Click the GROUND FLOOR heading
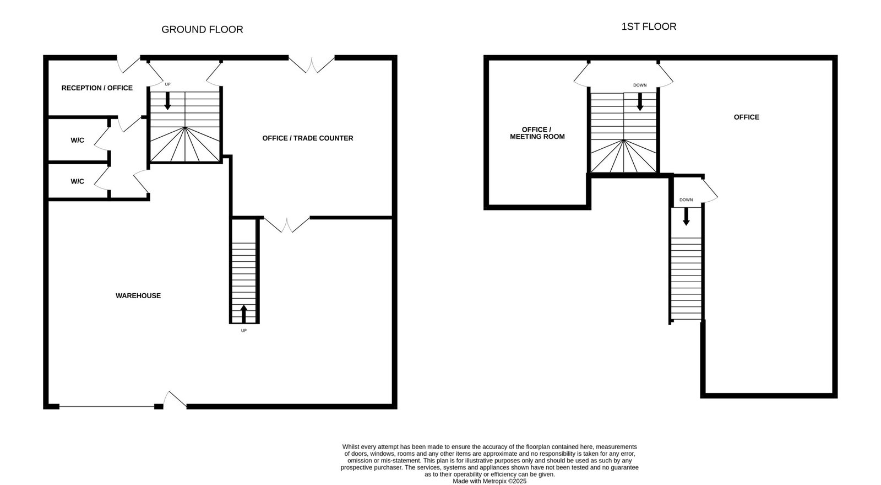tap(202, 30)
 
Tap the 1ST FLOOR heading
tap(649, 26)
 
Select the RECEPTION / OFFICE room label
tap(97, 88)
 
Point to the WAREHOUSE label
tap(138, 295)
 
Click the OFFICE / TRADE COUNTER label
tap(308, 138)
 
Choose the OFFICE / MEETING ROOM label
tap(537, 133)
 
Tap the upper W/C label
tap(77, 140)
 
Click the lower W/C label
tap(77, 181)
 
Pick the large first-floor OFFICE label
tap(746, 117)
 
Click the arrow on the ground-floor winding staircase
tap(167, 101)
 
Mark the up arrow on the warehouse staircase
tap(244, 314)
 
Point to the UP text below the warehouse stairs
tap(244, 331)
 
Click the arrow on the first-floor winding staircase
tap(640, 101)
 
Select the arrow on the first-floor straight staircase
tap(686, 217)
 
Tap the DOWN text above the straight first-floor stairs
tap(686, 200)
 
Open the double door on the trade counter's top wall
tap(312, 65)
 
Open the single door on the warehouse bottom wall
tap(175, 399)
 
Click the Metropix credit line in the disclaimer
tap(490, 481)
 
